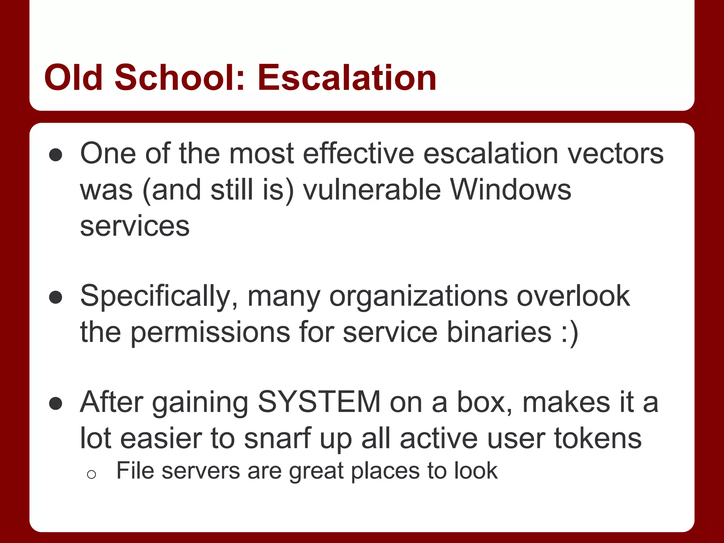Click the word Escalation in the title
point(347,77)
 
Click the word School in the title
point(180,77)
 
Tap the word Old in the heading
point(73,77)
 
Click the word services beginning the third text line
point(135,226)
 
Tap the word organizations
point(419,296)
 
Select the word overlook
point(573,296)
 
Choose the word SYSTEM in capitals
point(319,402)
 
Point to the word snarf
point(277,438)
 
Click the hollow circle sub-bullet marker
point(91,474)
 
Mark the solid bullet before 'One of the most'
point(56,155)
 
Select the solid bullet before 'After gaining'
point(56,403)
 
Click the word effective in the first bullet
point(358,154)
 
